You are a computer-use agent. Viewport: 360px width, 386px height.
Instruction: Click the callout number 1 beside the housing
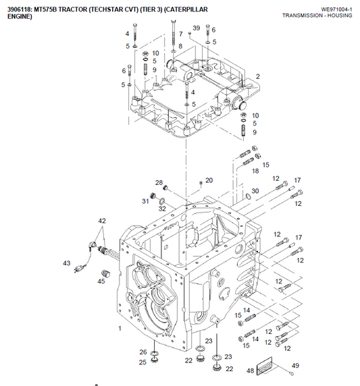click(120, 328)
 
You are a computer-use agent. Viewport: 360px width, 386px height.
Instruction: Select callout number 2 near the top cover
click(257, 77)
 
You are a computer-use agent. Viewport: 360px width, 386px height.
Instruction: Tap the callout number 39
click(196, 28)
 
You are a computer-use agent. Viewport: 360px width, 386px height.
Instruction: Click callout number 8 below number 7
click(180, 46)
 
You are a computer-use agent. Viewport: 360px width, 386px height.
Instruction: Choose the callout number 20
click(209, 180)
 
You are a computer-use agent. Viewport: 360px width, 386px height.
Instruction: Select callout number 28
click(159, 183)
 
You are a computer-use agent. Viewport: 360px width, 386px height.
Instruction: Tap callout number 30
click(255, 192)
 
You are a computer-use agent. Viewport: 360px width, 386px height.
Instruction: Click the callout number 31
click(145, 201)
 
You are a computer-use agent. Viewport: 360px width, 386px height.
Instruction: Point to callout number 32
click(162, 209)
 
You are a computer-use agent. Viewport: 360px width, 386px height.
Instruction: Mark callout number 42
click(102, 221)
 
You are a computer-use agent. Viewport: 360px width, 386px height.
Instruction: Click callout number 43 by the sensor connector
click(67, 263)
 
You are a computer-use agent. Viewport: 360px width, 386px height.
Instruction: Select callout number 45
click(101, 282)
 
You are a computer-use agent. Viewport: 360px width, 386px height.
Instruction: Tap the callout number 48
click(250, 370)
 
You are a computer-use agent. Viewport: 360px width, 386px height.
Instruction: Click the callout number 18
click(255, 171)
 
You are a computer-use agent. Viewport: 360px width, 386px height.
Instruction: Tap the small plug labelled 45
click(105, 273)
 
